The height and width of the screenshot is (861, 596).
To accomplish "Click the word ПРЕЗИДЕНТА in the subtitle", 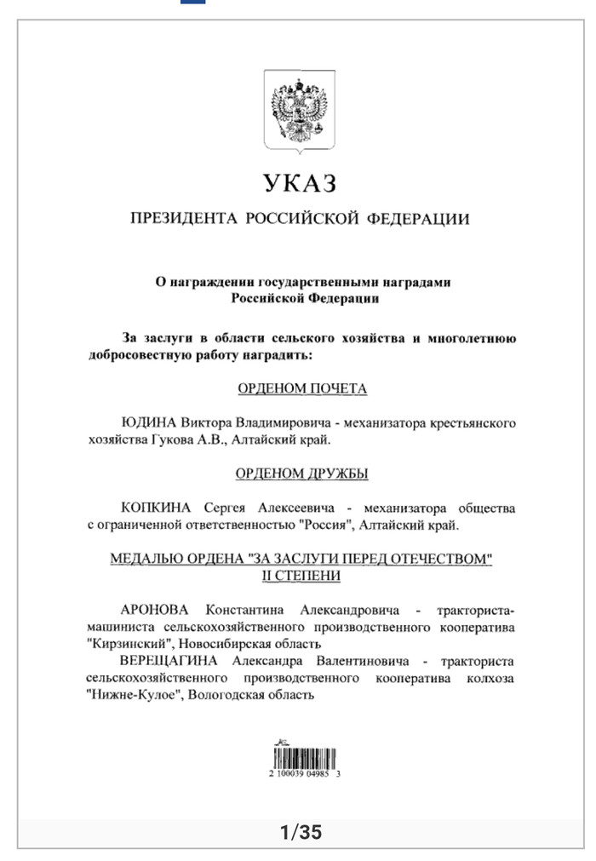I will coord(182,220).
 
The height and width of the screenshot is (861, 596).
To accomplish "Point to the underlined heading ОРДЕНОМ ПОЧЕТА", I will coord(302,388).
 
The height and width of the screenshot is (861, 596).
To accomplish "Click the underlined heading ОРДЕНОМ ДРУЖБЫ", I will coord(302,474).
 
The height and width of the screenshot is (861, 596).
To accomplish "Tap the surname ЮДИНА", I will coord(149,422).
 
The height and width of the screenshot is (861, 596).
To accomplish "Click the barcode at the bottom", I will coord(304,755).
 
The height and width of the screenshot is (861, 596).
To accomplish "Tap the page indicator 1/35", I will coord(301,831).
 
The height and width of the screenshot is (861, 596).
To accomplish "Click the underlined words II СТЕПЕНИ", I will coord(302,576).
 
